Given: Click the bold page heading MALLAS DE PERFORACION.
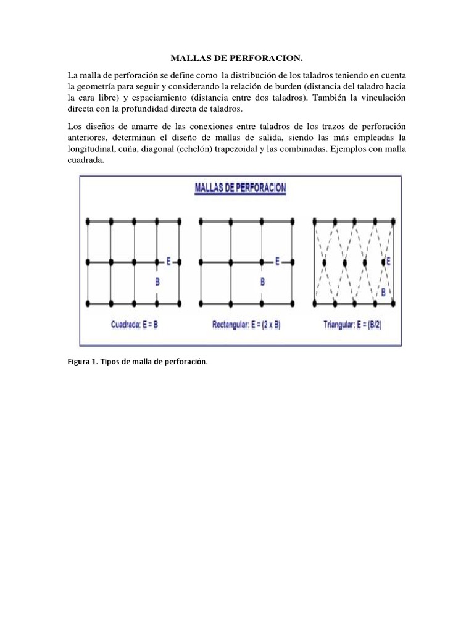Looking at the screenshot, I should click(236, 59).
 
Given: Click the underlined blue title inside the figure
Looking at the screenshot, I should click(240, 188).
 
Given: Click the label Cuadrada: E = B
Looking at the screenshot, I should click(135, 324).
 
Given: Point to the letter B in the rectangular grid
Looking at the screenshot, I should click(262, 282).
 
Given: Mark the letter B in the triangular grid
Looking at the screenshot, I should click(383, 292).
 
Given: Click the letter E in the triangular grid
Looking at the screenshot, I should click(389, 262).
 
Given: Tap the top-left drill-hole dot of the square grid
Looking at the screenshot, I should click(88, 220).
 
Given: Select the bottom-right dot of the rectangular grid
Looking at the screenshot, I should click(292, 302).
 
